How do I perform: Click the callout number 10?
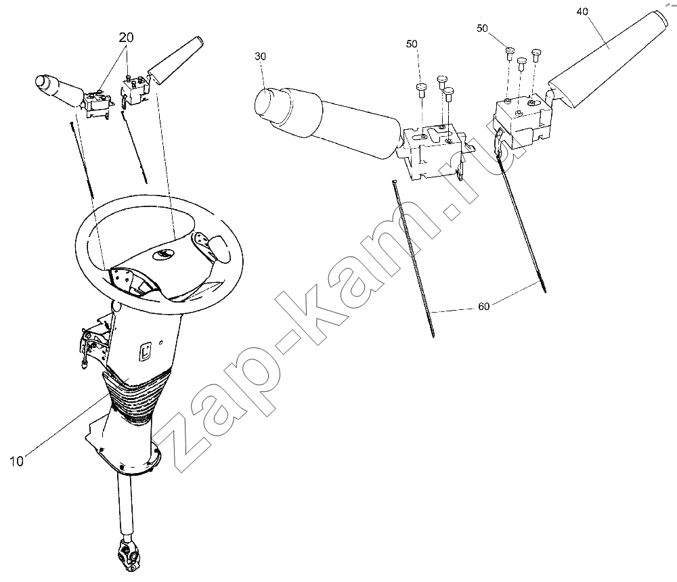pos(16,461)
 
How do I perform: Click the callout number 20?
pos(126,38)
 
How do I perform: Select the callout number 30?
pos(261,56)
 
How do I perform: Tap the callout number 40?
pos(582,12)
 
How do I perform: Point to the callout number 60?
pos(484,306)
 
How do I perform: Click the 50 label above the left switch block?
pos(412,43)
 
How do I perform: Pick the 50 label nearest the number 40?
pos(482,28)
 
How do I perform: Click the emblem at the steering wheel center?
pos(162,255)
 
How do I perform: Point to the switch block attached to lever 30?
pos(434,151)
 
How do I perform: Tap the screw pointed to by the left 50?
pos(421,91)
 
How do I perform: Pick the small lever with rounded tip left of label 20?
pos(58,89)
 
